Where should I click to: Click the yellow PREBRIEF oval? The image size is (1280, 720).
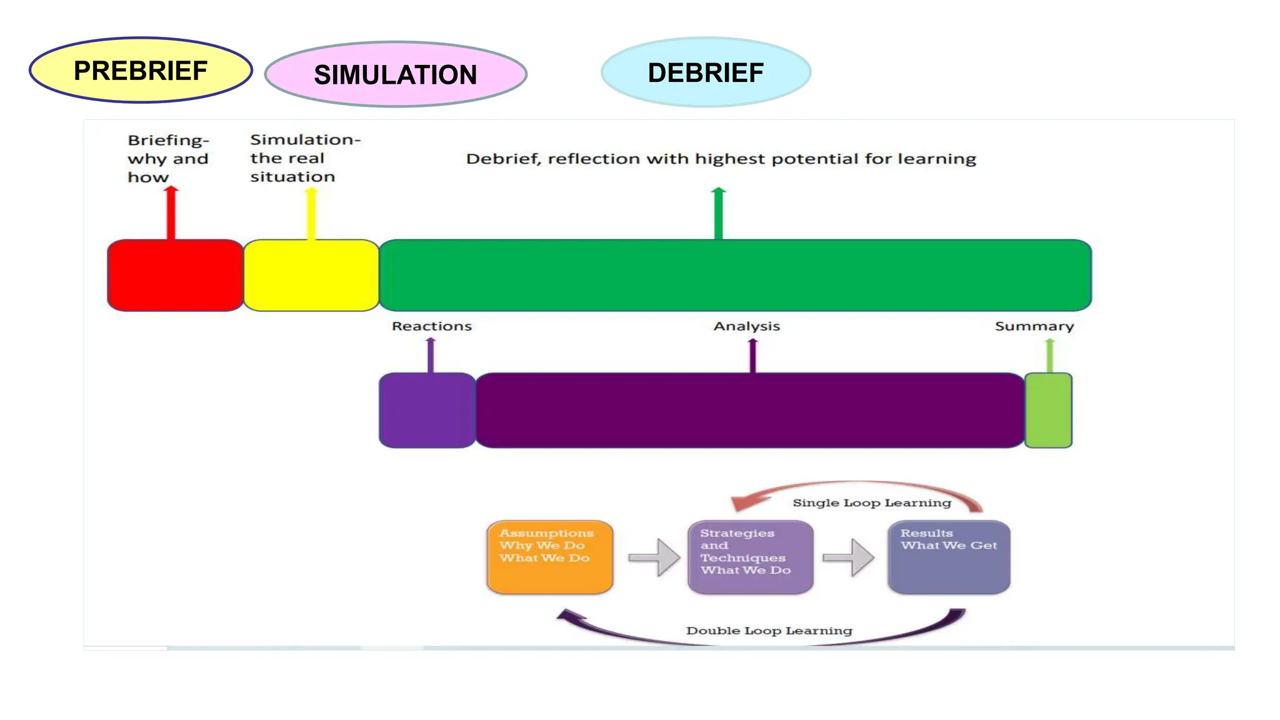[141, 71]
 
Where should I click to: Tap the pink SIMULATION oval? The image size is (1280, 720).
[396, 74]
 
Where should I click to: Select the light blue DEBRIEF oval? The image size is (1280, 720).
[706, 72]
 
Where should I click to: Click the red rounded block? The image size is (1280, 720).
[175, 275]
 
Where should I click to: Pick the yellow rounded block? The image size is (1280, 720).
[311, 275]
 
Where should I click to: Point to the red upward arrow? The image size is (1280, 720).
[171, 212]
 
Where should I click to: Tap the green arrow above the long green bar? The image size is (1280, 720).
[719, 213]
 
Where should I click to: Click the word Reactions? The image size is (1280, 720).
[431, 326]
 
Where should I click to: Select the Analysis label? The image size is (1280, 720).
[747, 326]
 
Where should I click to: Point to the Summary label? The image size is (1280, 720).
[1034, 326]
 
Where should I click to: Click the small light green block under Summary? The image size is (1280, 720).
[1048, 410]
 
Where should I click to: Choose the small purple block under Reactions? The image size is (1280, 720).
[427, 410]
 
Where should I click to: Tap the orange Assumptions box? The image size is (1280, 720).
[550, 557]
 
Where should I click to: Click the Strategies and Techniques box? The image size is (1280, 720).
[750, 557]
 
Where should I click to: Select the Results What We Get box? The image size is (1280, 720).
[949, 557]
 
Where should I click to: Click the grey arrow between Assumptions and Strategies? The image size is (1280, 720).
[654, 557]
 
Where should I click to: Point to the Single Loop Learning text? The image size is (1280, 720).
[872, 503]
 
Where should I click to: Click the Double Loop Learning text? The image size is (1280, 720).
[769, 631]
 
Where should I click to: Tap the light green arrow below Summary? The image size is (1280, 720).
[1049, 356]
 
